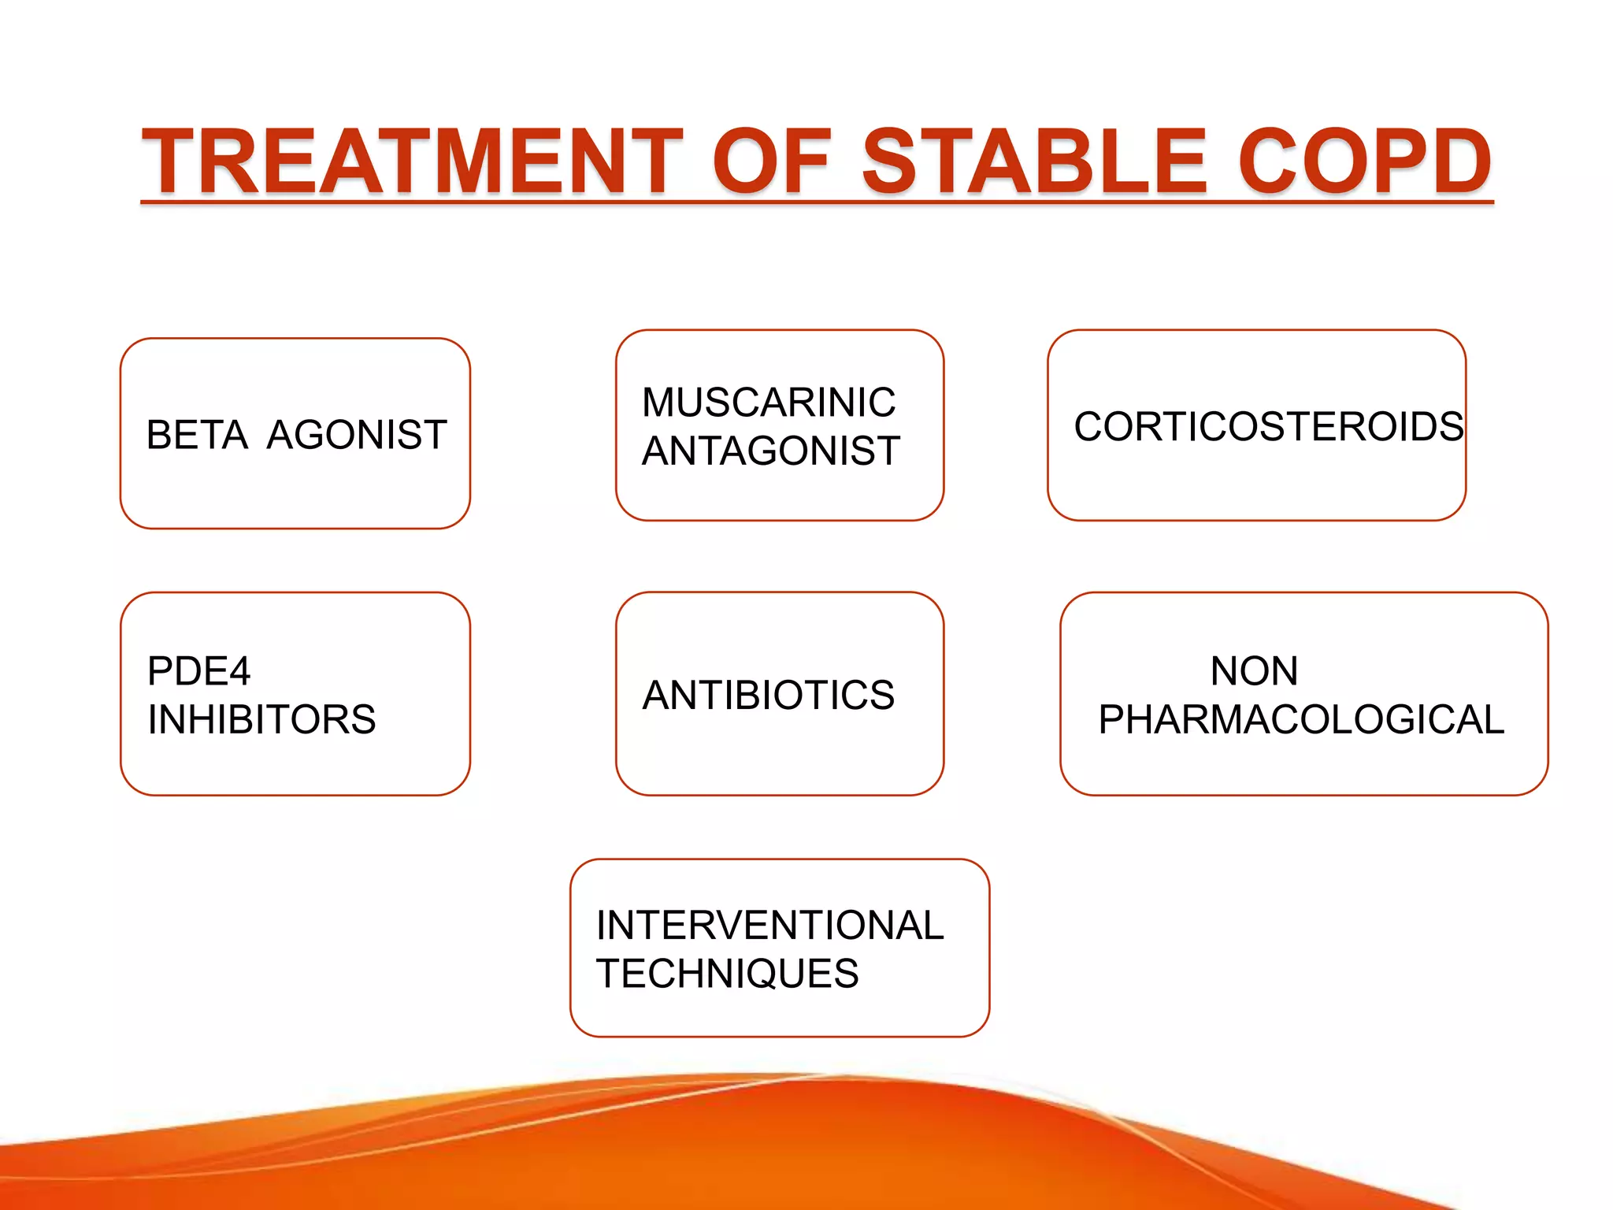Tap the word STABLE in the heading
[1034, 162]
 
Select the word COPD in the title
[1364, 162]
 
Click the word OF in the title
[771, 162]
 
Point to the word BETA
[197, 435]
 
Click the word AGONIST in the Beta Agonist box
[356, 435]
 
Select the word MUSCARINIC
[768, 403]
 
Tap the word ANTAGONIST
[770, 451]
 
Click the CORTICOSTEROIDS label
[1268, 427]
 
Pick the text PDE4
[198, 672]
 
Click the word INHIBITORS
[261, 720]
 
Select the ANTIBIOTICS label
[768, 696]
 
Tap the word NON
[1254, 672]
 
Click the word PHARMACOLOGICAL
[1301, 720]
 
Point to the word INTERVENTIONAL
[769, 926]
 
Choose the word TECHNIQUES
[727, 974]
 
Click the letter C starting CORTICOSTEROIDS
[1089, 427]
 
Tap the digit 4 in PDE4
[237, 672]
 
